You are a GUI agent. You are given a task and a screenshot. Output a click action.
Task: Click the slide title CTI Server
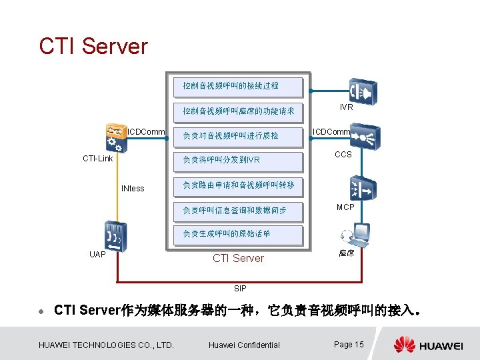[x=93, y=46]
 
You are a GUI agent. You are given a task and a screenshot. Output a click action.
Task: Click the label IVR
[x=347, y=107]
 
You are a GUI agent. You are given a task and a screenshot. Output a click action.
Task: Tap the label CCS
[x=343, y=155]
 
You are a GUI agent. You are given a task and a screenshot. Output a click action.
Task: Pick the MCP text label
[x=345, y=207]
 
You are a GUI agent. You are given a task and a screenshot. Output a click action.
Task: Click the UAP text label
[x=97, y=254]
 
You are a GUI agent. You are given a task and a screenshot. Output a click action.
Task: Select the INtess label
[x=133, y=189]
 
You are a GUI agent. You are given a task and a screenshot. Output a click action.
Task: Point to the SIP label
[x=240, y=289]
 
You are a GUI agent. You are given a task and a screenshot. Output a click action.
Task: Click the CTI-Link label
[x=97, y=159]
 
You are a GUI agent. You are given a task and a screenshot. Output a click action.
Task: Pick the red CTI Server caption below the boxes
[x=238, y=258]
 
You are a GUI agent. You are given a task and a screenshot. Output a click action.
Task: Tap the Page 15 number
[x=349, y=345]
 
